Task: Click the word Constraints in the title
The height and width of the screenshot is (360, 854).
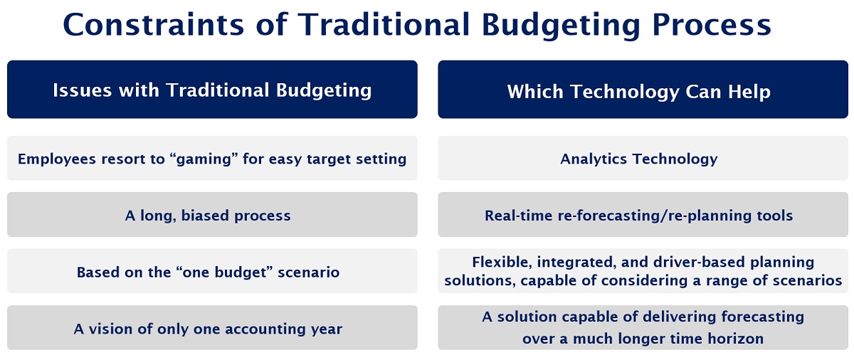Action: [x=153, y=25]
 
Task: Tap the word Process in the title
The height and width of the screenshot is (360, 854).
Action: [x=712, y=25]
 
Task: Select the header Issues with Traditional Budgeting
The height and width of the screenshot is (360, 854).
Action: [x=212, y=90]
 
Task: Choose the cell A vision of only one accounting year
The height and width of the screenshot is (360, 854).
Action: [x=208, y=329]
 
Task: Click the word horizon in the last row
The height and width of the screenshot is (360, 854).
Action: [x=735, y=338]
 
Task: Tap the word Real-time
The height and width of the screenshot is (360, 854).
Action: [x=519, y=216]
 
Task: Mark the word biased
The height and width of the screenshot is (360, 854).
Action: [x=205, y=216]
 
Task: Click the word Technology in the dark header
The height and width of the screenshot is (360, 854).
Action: [x=625, y=92]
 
